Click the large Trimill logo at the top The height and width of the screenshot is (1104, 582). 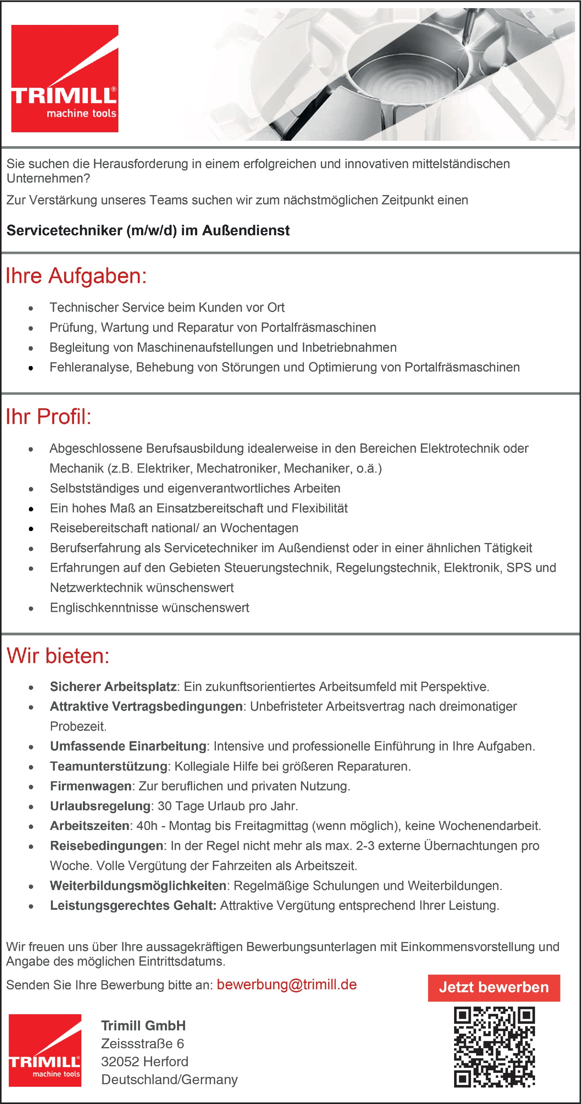[x=65, y=78]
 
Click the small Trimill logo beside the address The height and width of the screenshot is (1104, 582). [x=45, y=1051]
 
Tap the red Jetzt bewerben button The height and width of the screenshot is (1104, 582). [x=494, y=988]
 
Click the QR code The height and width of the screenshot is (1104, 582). [x=494, y=1047]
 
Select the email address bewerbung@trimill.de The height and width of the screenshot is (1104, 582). [x=287, y=985]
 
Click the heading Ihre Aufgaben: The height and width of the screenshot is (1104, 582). [x=76, y=276]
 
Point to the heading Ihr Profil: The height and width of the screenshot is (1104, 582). [x=48, y=417]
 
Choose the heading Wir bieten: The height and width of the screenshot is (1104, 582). [x=58, y=656]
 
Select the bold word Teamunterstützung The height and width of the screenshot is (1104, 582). [x=108, y=766]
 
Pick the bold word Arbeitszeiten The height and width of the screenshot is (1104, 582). [x=89, y=826]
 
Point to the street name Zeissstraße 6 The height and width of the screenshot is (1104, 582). [x=143, y=1044]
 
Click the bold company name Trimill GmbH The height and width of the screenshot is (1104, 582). [x=144, y=1026]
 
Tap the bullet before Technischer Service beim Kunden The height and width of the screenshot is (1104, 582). [x=31, y=308]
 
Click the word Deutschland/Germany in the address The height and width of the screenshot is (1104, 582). [x=169, y=1079]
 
